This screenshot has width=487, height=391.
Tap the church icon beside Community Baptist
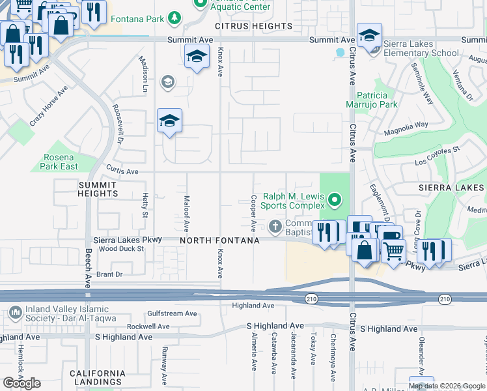pyautogui.click(x=275, y=226)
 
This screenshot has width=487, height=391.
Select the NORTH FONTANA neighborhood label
pyautogui.click(x=220, y=240)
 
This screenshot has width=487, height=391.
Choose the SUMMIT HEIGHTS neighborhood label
pyautogui.click(x=98, y=189)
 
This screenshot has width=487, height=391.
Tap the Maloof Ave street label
pyautogui.click(x=186, y=216)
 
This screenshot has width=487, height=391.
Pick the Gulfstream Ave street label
pyautogui.click(x=172, y=313)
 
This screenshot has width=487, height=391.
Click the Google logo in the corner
pyautogui.click(x=21, y=383)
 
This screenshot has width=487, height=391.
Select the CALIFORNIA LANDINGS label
pyautogui.click(x=98, y=377)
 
